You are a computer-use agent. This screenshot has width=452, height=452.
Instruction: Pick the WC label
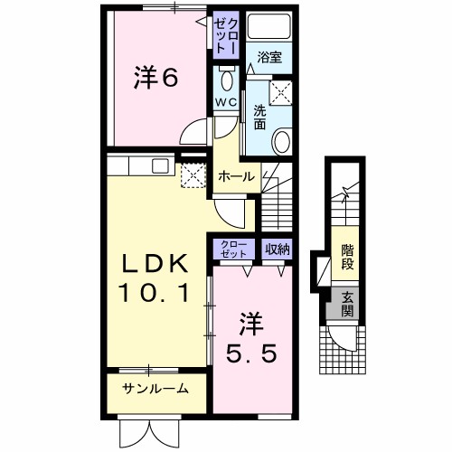tap(226, 101)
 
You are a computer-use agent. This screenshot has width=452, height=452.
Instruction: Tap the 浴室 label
tap(268, 57)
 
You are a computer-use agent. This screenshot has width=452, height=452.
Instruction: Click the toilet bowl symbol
tap(225, 78)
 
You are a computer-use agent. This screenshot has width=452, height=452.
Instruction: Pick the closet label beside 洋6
tap(224, 34)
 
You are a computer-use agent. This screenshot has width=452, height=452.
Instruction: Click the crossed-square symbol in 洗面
tap(284, 91)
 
